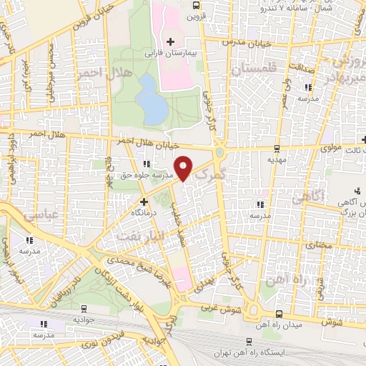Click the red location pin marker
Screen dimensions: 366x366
click(x=184, y=167)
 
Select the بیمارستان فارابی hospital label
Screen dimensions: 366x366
click(x=192, y=53)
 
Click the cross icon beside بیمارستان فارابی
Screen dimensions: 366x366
click(x=170, y=41)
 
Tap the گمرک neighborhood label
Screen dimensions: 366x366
click(x=210, y=173)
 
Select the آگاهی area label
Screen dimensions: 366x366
click(x=328, y=194)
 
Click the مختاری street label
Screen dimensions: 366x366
click(x=320, y=245)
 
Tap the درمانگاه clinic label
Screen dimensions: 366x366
click(x=144, y=212)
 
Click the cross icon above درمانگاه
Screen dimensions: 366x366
click(x=144, y=202)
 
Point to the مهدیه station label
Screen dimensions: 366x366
click(x=277, y=160)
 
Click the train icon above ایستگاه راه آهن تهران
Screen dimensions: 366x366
click(x=248, y=342)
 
